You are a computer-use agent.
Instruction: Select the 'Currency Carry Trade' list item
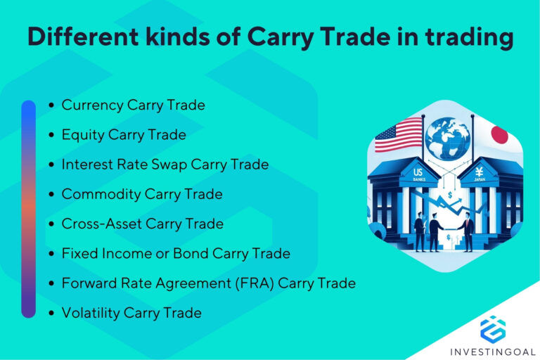(x=134, y=105)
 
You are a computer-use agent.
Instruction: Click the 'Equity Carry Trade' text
(x=124, y=135)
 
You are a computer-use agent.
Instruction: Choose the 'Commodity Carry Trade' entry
(x=142, y=194)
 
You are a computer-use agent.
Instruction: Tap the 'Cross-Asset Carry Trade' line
(x=143, y=224)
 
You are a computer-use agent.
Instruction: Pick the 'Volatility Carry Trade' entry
(x=131, y=313)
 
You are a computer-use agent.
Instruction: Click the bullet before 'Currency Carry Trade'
(x=52, y=106)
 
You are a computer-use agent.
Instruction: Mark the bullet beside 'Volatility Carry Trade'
(x=52, y=314)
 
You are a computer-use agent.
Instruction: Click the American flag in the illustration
(x=398, y=135)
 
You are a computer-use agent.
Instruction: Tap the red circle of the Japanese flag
(x=499, y=134)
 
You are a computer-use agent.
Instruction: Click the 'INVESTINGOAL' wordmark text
(x=493, y=349)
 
